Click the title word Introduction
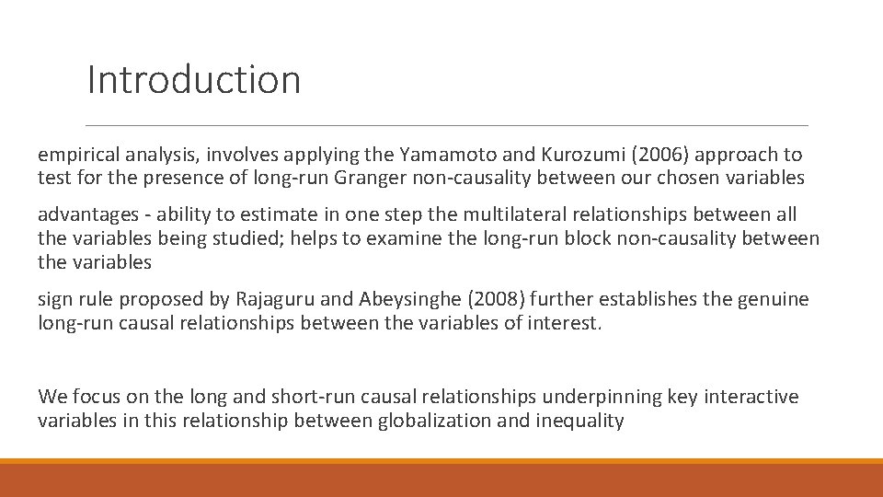(x=193, y=80)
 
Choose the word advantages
(x=86, y=214)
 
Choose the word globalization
(x=432, y=421)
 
